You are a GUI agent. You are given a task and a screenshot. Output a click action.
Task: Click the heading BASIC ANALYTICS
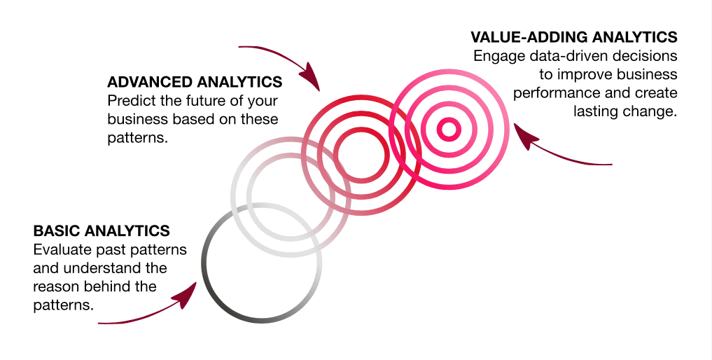[x=102, y=230]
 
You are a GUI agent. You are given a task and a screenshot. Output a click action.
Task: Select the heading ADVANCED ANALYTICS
[x=195, y=82]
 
